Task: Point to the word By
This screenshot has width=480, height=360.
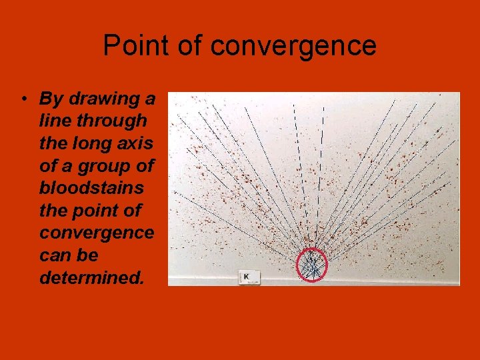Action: pos(51,99)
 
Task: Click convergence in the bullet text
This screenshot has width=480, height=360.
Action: pos(97,233)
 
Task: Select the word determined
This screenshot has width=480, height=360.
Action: pos(91,278)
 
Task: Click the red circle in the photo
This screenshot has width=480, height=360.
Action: pos(311,265)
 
